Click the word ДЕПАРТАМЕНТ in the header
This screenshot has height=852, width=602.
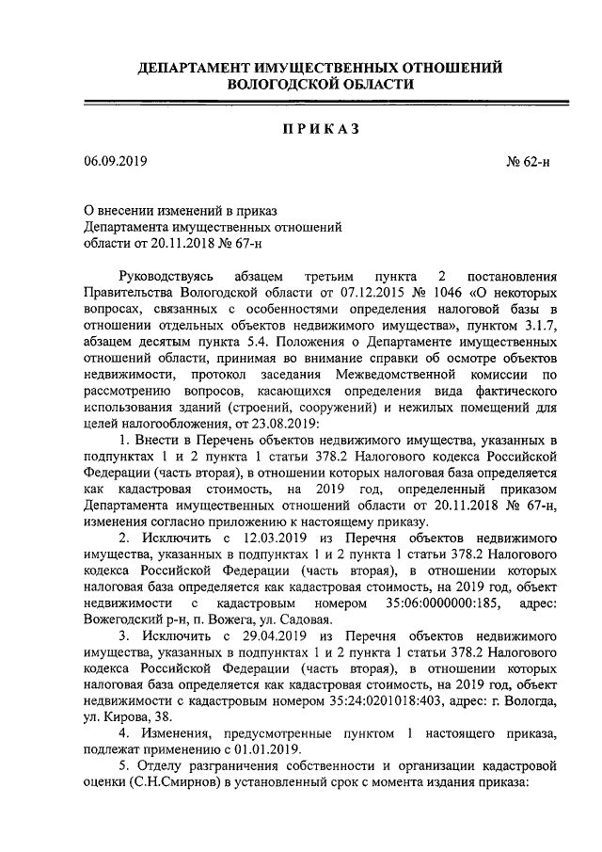click(x=196, y=68)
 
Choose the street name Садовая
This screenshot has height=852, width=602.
click(x=305, y=619)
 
